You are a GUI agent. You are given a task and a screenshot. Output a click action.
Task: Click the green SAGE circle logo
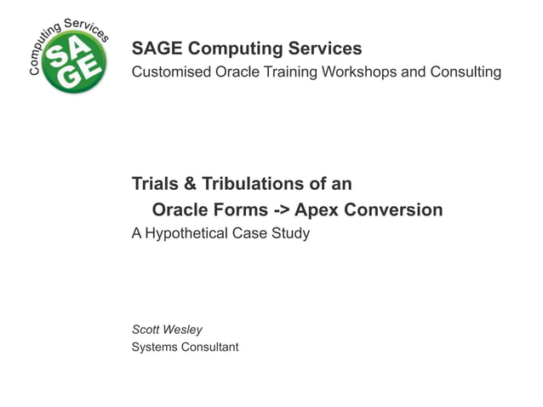tap(75, 61)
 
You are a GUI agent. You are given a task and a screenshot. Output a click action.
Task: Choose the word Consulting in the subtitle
tap(463, 72)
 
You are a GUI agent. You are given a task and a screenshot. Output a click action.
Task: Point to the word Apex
tap(312, 209)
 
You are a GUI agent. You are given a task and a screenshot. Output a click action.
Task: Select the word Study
tap(291, 232)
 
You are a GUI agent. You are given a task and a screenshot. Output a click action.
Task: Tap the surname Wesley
tap(184, 330)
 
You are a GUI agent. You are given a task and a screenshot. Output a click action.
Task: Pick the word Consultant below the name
tap(210, 347)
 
